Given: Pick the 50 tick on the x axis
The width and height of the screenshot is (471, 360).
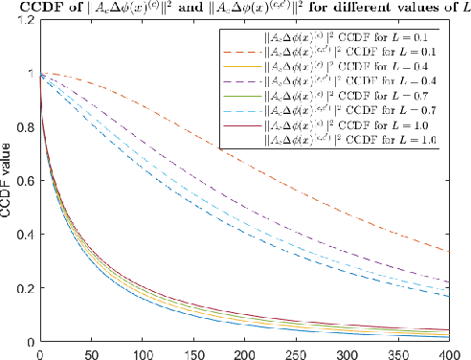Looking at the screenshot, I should (x=91, y=352).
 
